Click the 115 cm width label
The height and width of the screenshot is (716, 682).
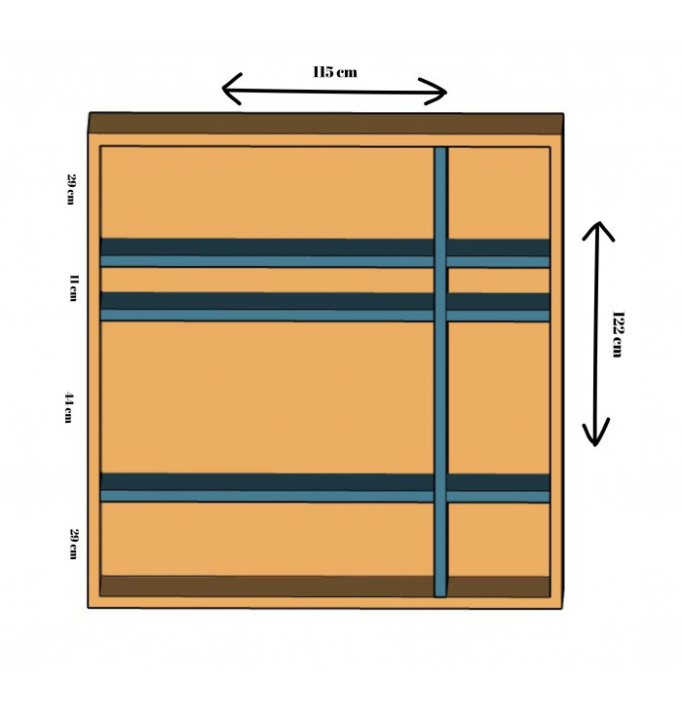coord(334,72)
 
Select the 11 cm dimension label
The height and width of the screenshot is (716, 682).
coord(73,288)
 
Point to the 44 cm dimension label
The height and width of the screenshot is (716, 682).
coord(69,407)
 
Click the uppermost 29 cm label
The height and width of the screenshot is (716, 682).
coord(70,189)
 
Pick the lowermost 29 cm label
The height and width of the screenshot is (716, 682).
coord(72,544)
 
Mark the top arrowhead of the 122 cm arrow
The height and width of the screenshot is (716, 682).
coord(598,231)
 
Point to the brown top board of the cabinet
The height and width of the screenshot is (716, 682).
coord(325,124)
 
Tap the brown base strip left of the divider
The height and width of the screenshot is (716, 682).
coord(267,585)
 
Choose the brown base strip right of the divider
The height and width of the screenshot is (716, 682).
coord(498,586)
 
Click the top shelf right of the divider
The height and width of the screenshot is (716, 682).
coord(498,253)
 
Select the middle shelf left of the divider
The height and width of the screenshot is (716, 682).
coord(267,306)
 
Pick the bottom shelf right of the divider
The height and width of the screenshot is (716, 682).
coord(498,488)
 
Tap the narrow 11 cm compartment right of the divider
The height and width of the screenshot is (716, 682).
coord(498,281)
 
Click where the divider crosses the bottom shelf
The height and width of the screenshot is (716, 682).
coord(440,488)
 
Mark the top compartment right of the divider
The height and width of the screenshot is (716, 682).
coord(498,193)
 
